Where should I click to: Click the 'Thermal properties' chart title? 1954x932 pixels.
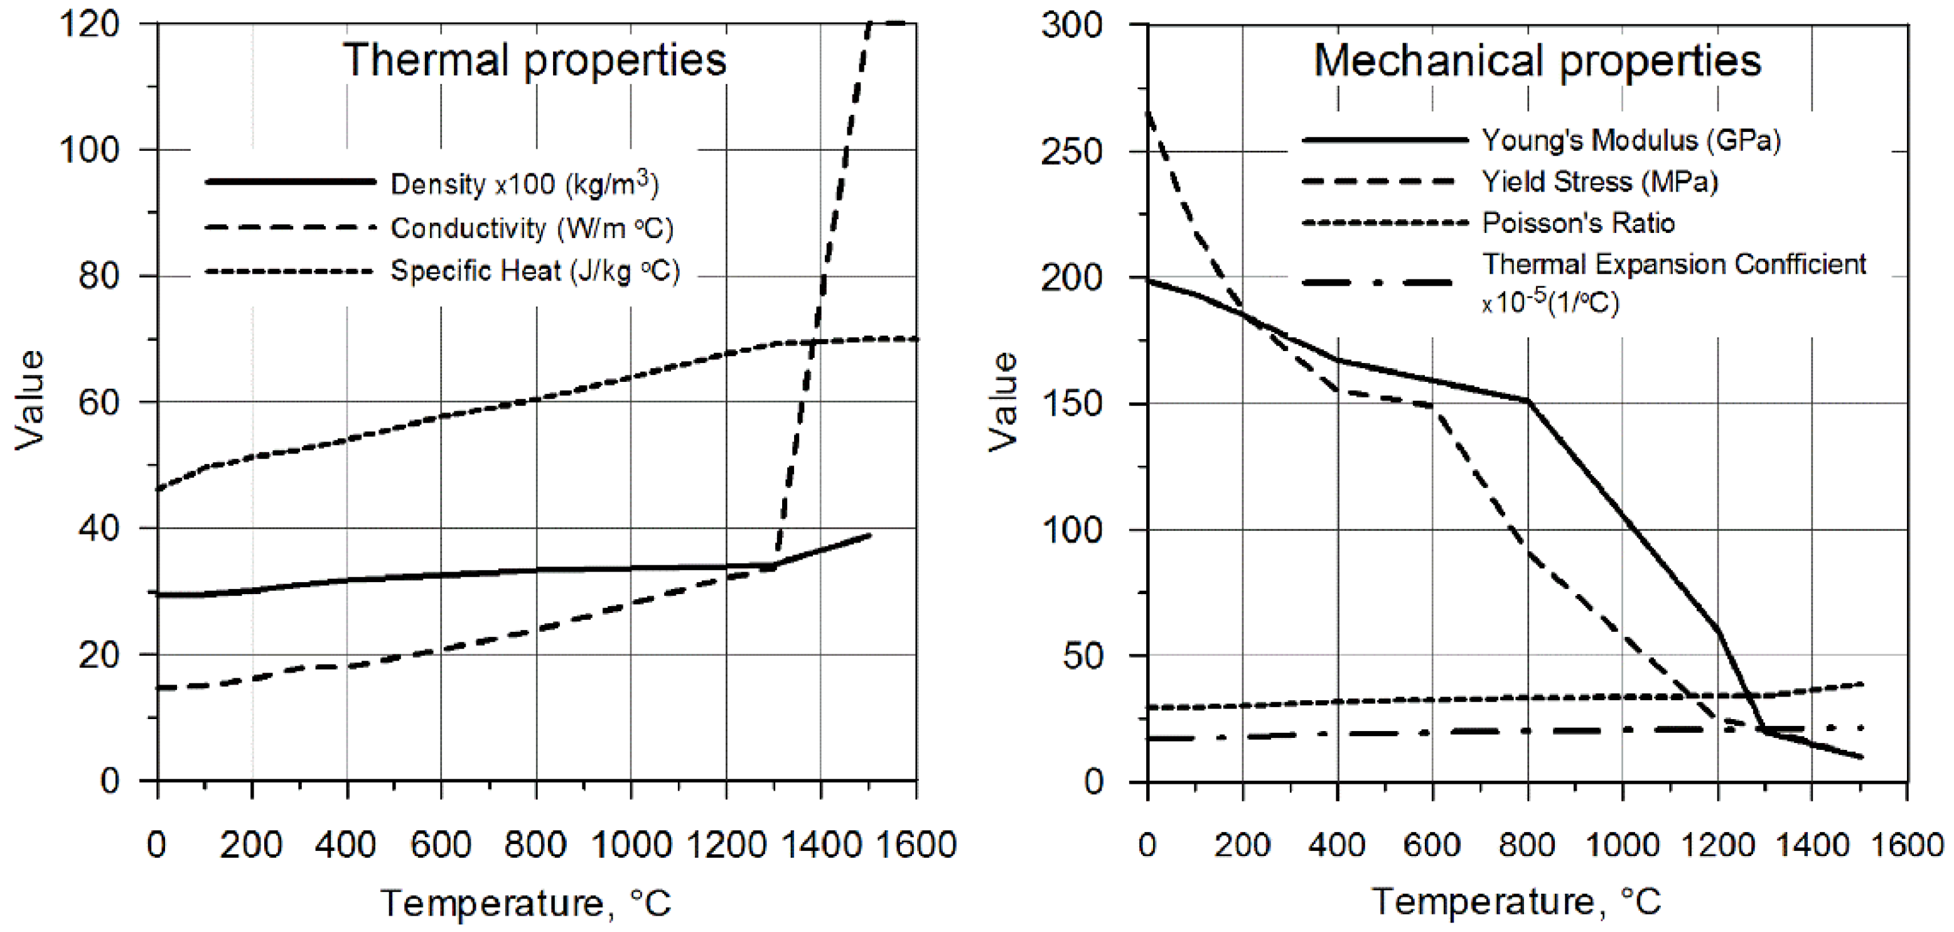point(535,61)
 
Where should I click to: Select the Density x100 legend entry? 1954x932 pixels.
point(524,183)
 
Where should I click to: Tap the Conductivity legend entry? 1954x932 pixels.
point(532,228)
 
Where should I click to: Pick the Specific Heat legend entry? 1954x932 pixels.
point(535,271)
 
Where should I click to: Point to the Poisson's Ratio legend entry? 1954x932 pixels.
point(1578,223)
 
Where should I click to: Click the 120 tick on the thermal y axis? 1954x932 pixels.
point(90,24)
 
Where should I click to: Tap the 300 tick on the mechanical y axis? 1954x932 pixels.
point(1071,26)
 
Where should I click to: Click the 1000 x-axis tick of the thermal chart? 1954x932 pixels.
point(631,844)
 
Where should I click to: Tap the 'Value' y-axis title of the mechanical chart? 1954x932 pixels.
point(1003,402)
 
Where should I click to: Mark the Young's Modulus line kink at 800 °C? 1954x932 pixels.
point(1527,400)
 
